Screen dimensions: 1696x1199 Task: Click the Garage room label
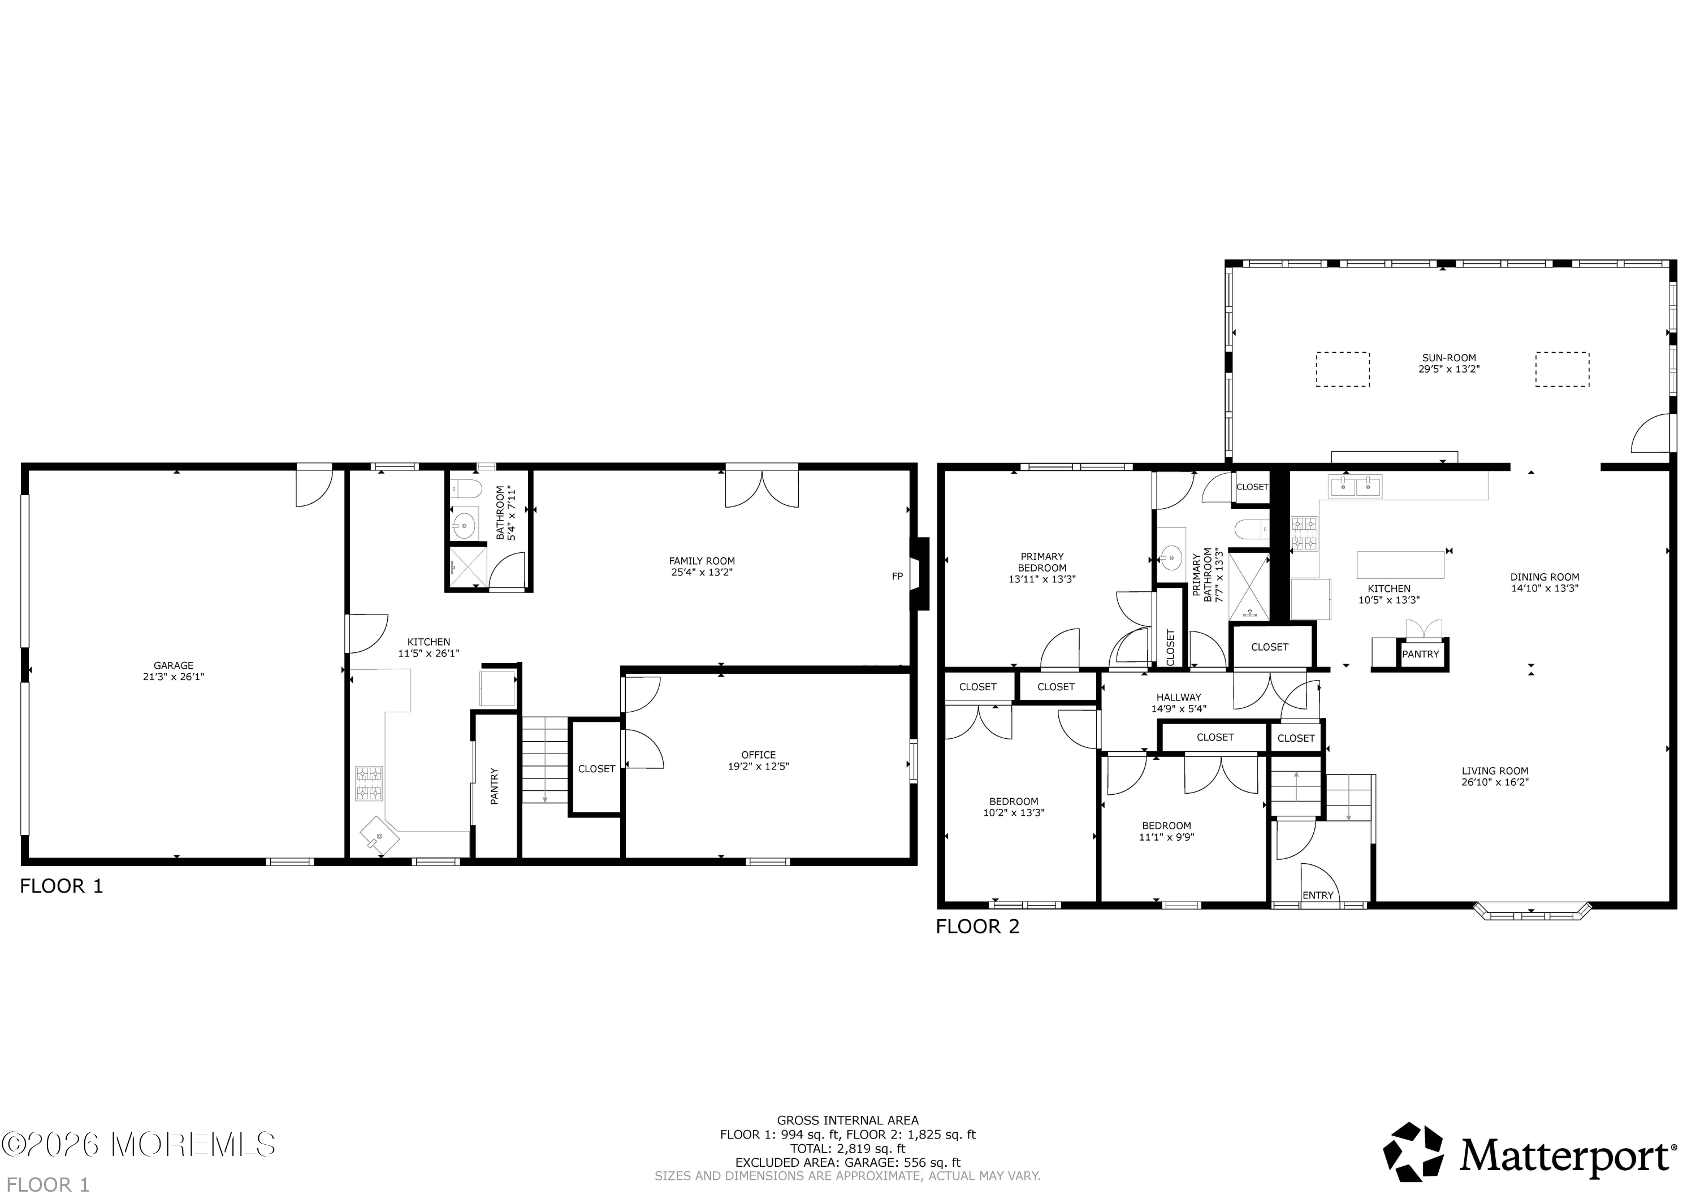pyautogui.click(x=174, y=665)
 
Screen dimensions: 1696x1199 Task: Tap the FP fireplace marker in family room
pyautogui.click(x=898, y=576)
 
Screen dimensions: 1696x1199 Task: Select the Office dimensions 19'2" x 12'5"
pyautogui.click(x=759, y=766)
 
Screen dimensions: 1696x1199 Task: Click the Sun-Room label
pyautogui.click(x=1448, y=358)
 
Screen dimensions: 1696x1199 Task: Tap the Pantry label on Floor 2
pyautogui.click(x=1421, y=654)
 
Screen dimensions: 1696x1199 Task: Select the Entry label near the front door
pyautogui.click(x=1318, y=895)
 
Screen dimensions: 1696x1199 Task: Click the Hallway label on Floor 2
pyautogui.click(x=1179, y=696)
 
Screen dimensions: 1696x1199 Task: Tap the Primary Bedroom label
pyautogui.click(x=1042, y=562)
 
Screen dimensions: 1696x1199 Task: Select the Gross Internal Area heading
pyautogui.click(x=848, y=1120)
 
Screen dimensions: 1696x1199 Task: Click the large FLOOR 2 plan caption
pyautogui.click(x=978, y=927)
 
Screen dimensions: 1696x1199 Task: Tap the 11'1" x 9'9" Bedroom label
pyautogui.click(x=1166, y=831)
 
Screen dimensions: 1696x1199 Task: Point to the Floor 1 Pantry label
pyautogui.click(x=495, y=786)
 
